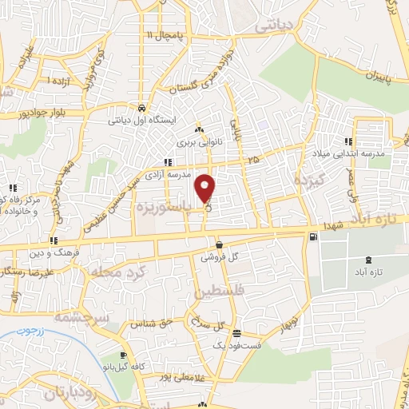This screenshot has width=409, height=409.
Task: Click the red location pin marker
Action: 206,187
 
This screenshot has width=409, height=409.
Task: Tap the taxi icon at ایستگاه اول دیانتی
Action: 141,108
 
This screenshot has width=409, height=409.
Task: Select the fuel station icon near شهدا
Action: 312,236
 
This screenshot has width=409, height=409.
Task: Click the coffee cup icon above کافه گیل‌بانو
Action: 122,356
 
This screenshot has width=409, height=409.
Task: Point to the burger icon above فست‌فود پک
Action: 237,333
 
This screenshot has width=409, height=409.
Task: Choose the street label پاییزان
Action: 371,78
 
